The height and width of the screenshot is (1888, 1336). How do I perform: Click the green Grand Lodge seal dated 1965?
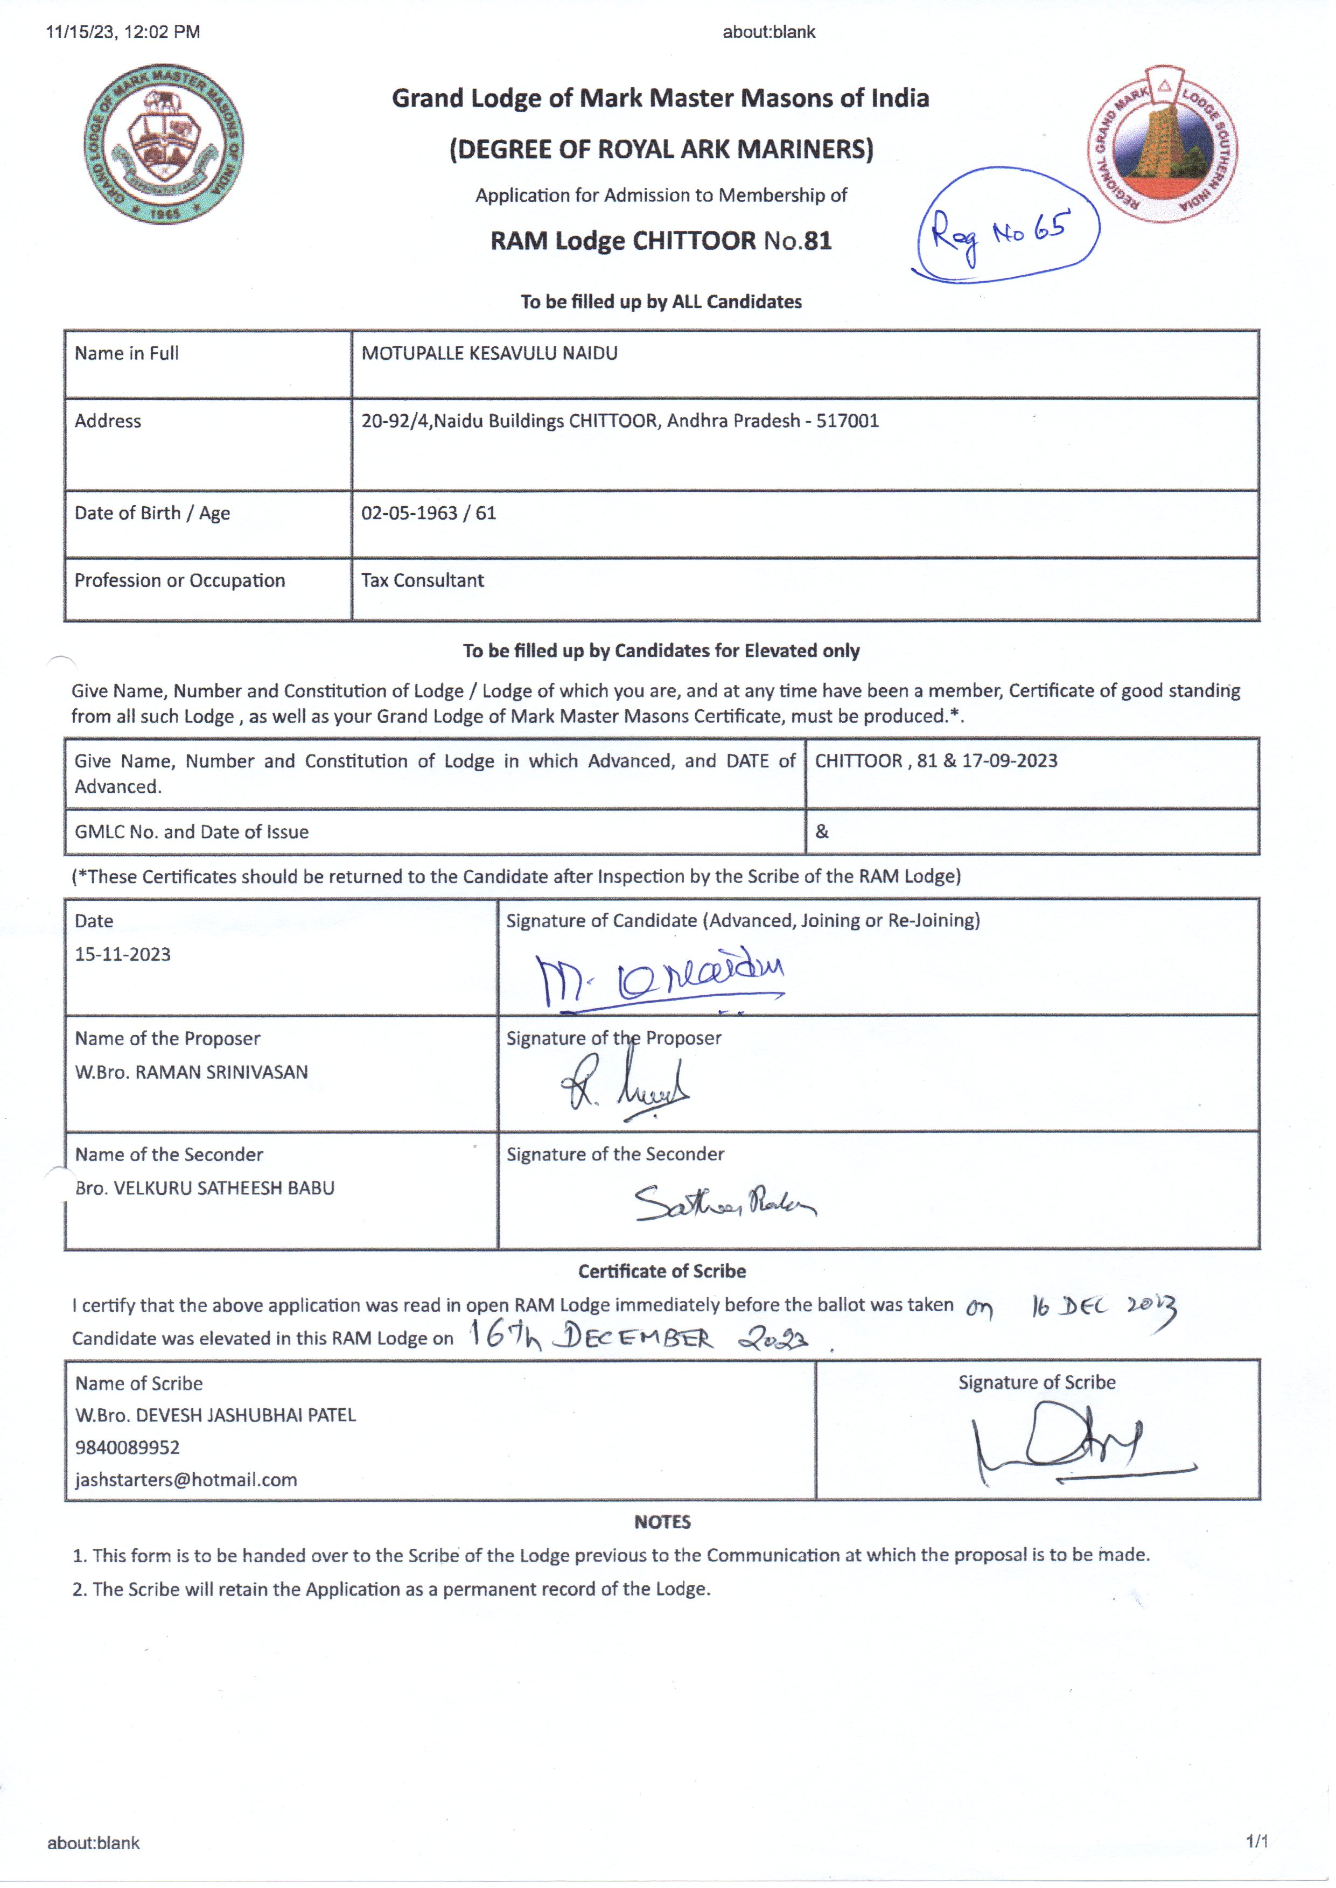pos(164,144)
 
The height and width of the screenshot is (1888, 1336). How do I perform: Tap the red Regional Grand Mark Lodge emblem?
pos(1163,143)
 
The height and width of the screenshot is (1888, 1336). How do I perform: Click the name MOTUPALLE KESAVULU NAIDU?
pos(489,354)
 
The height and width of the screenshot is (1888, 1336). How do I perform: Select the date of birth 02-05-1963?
pos(409,513)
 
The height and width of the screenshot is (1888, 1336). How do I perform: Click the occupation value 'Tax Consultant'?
pos(422,581)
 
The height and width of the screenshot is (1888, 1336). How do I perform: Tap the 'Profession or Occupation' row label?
pos(179,581)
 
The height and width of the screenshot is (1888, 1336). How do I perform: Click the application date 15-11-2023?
pos(123,955)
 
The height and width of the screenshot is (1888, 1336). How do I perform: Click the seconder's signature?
pos(724,1202)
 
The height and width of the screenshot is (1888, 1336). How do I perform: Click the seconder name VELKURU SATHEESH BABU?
pos(224,1188)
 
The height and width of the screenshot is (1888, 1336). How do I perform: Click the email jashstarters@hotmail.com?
pos(186,1480)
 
